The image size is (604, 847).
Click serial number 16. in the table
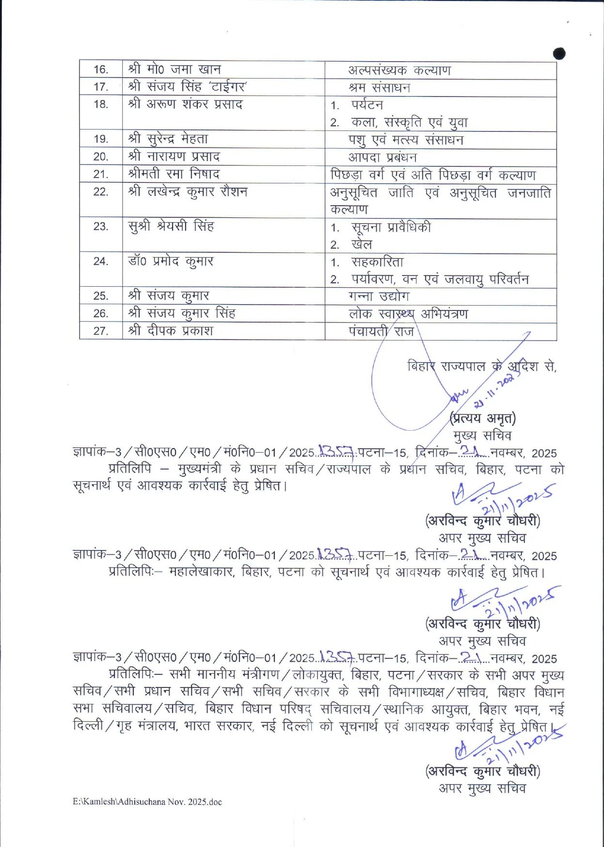click(101, 69)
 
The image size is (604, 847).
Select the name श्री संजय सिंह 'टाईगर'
click(188, 87)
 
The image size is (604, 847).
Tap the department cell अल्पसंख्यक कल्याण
click(399, 70)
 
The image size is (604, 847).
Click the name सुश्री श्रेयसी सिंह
click(171, 227)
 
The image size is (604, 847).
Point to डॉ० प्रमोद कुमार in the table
click(171, 261)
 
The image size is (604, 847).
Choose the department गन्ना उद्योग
click(379, 296)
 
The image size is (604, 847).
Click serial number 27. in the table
click(101, 331)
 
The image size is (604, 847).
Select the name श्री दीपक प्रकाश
click(171, 331)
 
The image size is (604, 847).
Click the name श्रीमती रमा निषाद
click(174, 174)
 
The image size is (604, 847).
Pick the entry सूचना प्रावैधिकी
click(391, 227)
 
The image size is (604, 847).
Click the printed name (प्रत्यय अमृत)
click(483, 418)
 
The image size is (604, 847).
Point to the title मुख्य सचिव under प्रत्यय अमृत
click(482, 435)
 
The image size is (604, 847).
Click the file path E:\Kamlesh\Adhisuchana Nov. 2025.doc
click(147, 802)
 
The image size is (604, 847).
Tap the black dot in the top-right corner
click(559, 53)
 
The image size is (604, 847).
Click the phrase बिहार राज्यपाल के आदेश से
click(481, 366)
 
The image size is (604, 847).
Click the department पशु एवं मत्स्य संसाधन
click(406, 140)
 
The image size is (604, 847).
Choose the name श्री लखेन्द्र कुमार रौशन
click(188, 192)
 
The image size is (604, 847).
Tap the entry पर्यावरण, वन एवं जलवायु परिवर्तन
click(440, 279)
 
